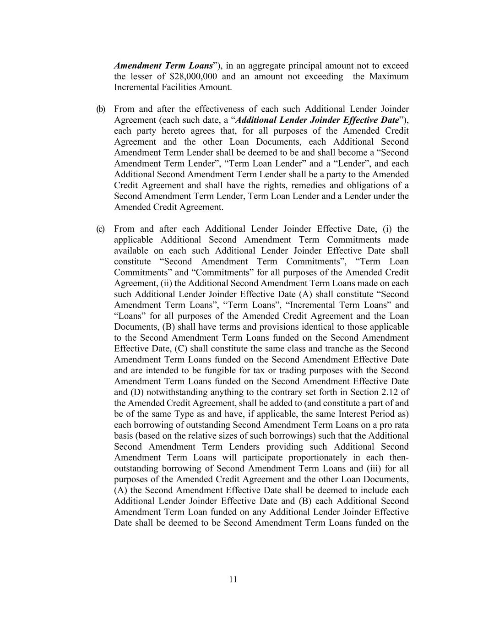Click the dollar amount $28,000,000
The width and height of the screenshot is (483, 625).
[x=193, y=76]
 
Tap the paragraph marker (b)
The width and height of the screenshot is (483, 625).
[x=100, y=109]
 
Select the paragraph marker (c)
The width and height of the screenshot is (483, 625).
[x=100, y=229]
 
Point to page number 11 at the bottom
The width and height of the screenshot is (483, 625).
[x=233, y=579]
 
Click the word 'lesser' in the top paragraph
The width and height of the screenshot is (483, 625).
[x=139, y=76]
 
